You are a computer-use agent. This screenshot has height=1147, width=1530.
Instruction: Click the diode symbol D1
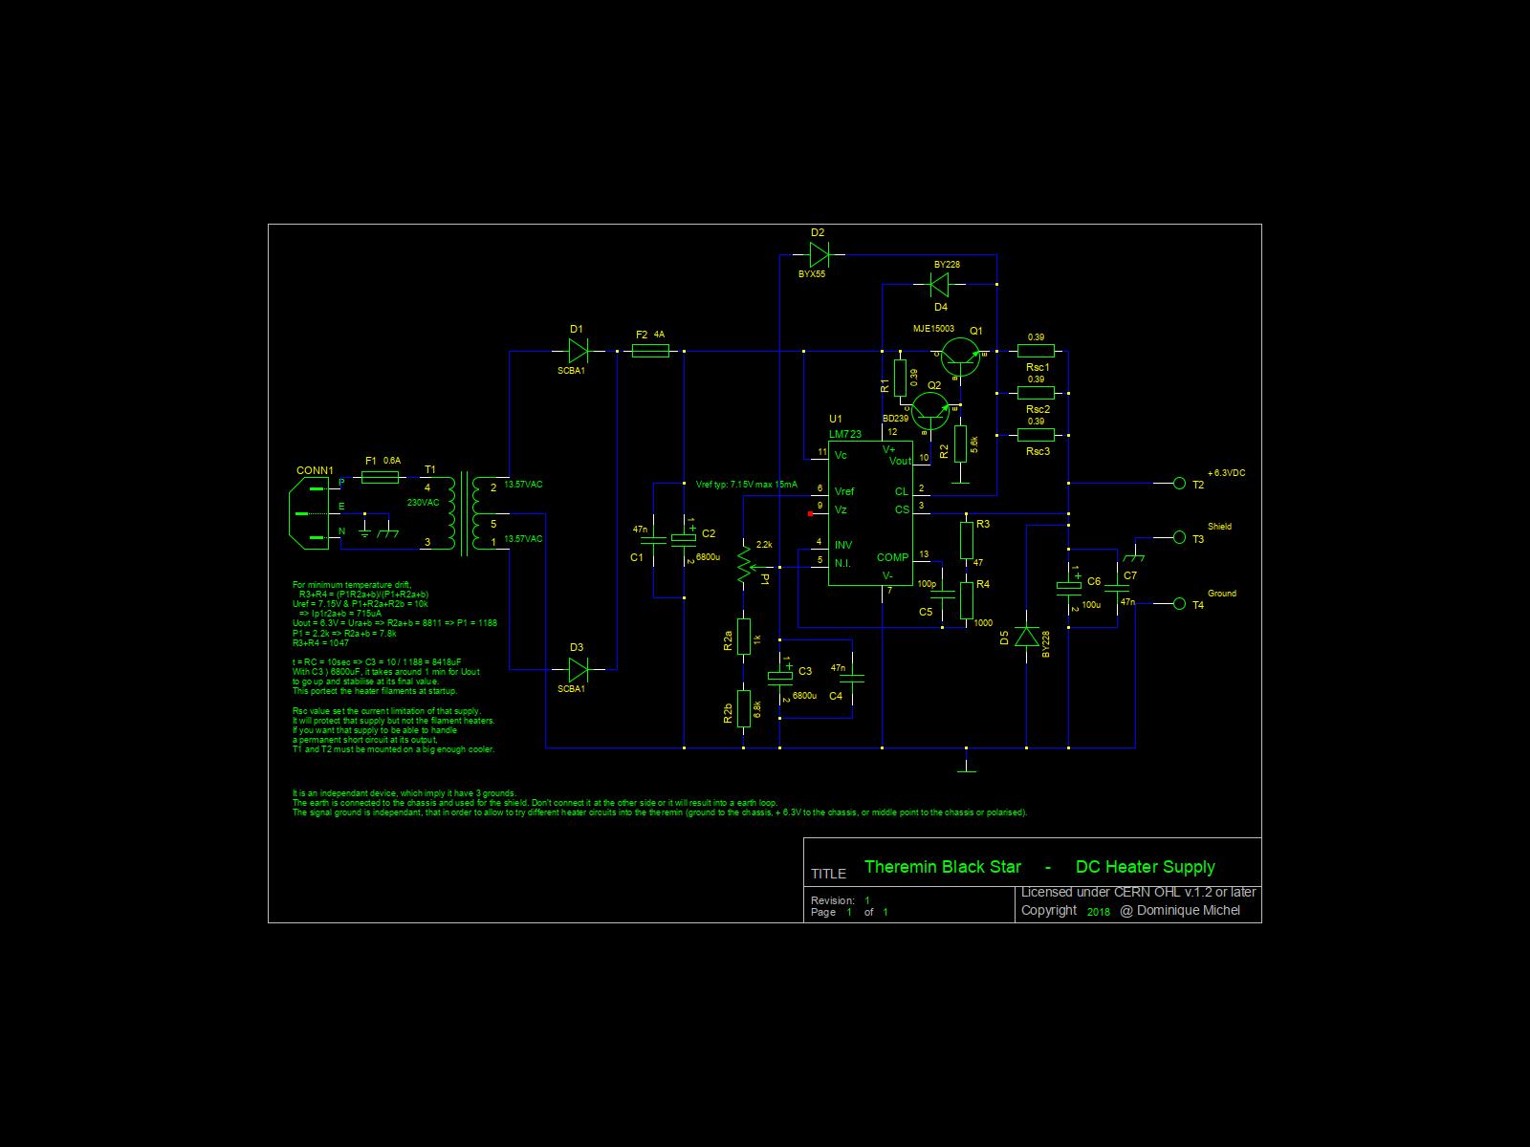pyautogui.click(x=578, y=351)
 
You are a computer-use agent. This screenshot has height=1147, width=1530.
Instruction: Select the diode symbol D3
pyautogui.click(x=578, y=669)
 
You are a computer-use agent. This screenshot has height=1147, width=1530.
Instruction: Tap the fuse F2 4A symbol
pyautogui.click(x=651, y=352)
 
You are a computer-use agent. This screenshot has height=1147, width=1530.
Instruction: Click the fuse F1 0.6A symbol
pyautogui.click(x=382, y=475)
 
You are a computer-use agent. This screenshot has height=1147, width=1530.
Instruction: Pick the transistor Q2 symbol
pyautogui.click(x=930, y=409)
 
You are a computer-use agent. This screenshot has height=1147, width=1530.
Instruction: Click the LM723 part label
pyautogui.click(x=845, y=434)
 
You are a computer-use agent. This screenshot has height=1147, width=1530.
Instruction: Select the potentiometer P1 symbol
pyautogui.click(x=744, y=567)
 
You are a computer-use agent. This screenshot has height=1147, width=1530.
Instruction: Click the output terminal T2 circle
pyautogui.click(x=1179, y=484)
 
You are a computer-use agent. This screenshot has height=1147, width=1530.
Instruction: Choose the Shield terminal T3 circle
pyautogui.click(x=1179, y=538)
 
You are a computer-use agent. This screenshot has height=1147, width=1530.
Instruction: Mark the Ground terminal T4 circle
pyautogui.click(x=1179, y=604)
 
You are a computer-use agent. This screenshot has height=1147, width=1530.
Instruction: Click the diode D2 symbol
pyautogui.click(x=819, y=254)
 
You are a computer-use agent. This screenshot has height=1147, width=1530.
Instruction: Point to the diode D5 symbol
pyautogui.click(x=1026, y=638)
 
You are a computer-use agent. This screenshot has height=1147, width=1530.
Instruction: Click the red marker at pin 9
pyautogui.click(x=811, y=514)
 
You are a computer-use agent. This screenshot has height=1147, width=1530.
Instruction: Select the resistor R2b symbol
pyautogui.click(x=744, y=708)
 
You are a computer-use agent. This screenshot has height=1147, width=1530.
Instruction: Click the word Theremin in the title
pyautogui.click(x=900, y=867)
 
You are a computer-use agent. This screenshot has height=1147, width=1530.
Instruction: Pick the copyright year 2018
pyautogui.click(x=1099, y=912)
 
